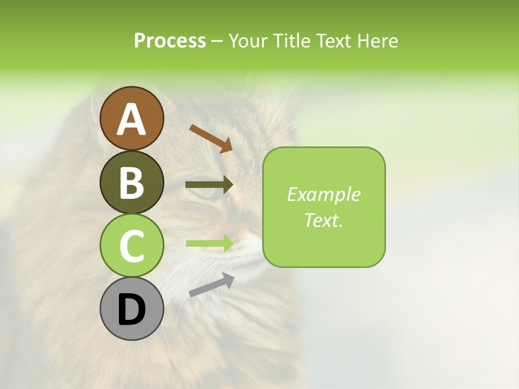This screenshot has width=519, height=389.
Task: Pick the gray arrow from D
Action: pyautogui.click(x=211, y=284)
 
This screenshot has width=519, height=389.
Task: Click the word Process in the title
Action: pyautogui.click(x=170, y=41)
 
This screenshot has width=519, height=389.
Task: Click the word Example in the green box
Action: pyautogui.click(x=323, y=194)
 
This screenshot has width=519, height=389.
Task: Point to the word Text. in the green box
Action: pyautogui.click(x=323, y=220)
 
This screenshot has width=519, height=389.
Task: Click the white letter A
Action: pyautogui.click(x=131, y=119)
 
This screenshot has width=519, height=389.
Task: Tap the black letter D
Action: pyautogui.click(x=131, y=310)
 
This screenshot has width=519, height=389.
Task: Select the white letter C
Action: pyautogui.click(x=131, y=246)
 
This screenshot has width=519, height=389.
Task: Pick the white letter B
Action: pyautogui.click(x=131, y=183)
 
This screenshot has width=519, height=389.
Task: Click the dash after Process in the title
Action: pyautogui.click(x=217, y=41)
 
